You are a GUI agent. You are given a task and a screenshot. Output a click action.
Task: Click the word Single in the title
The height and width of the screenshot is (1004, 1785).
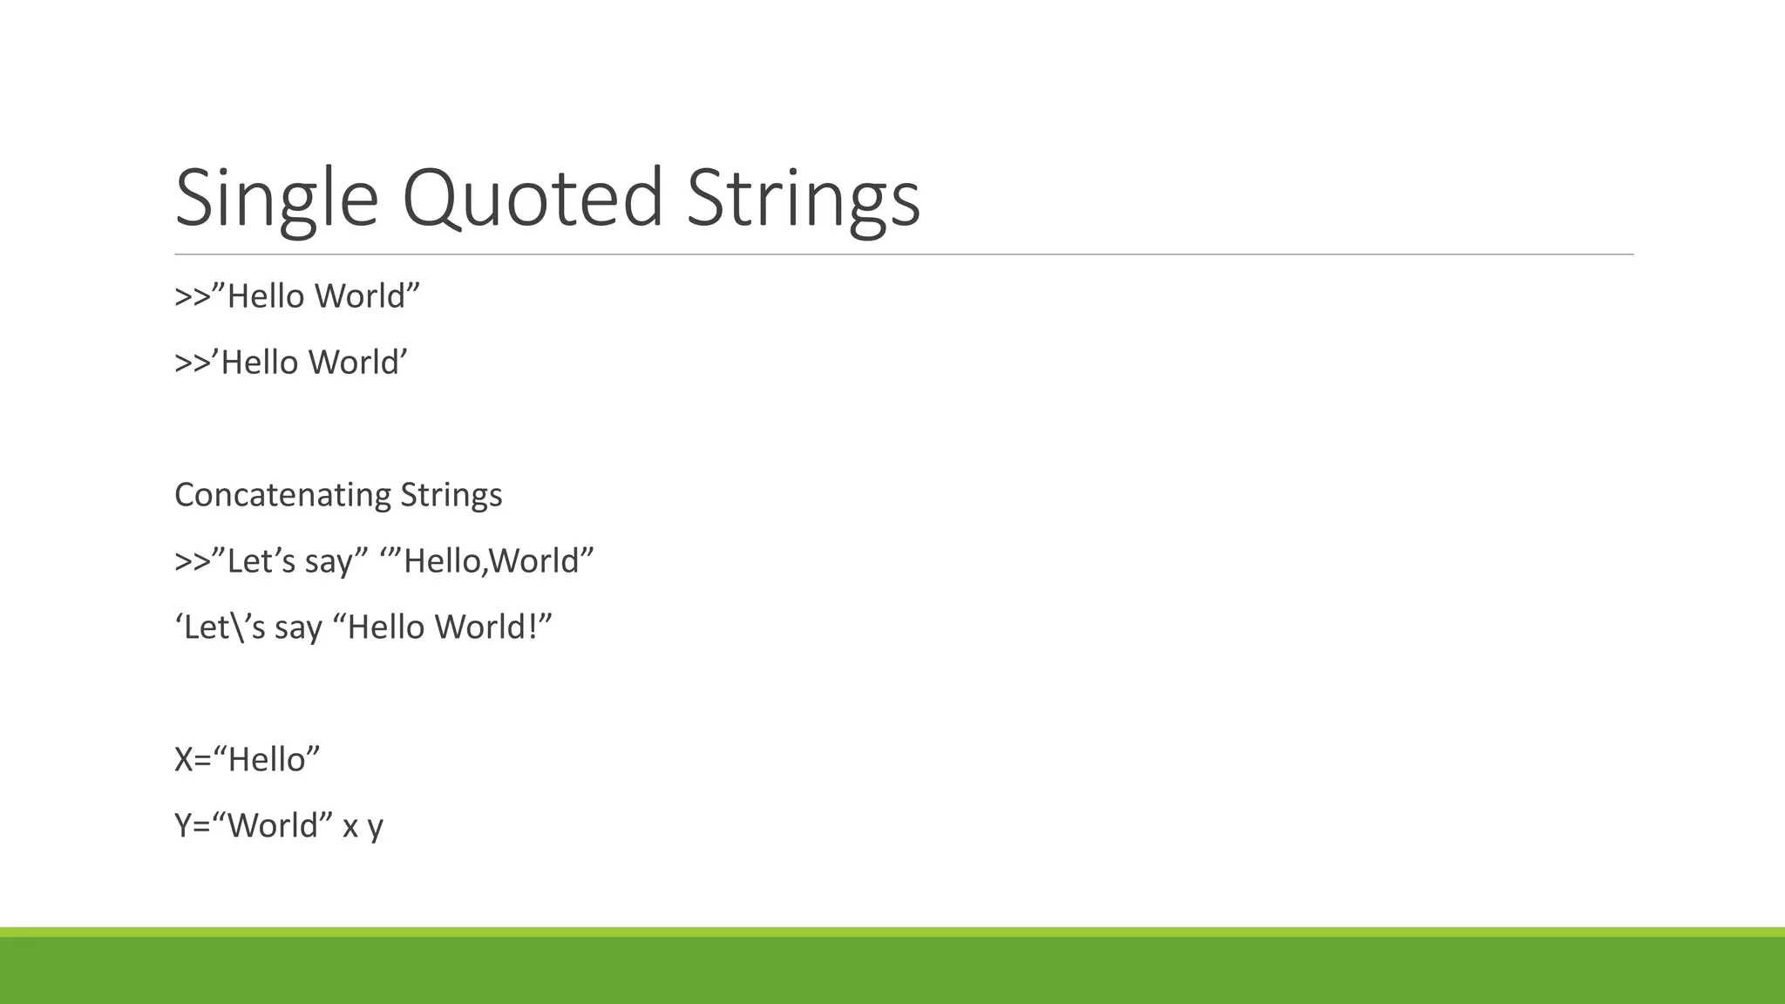pos(276,199)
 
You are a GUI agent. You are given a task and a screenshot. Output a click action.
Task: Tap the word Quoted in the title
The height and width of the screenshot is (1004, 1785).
pos(533,199)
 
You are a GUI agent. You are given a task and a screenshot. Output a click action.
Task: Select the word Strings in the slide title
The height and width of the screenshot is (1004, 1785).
pos(803,199)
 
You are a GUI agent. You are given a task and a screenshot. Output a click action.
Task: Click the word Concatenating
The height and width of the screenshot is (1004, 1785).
pos(282,495)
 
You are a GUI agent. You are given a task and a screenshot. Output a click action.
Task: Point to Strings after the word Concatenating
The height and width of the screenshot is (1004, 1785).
pos(451,495)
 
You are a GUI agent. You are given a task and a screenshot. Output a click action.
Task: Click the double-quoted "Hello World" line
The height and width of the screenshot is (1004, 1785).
pos(297,296)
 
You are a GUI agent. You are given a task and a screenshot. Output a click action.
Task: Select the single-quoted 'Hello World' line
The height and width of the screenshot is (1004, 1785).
pos(291,363)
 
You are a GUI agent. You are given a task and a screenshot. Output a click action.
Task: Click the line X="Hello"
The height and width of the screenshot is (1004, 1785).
pos(248,760)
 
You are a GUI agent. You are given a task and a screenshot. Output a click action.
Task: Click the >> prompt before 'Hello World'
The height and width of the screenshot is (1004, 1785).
pos(193,363)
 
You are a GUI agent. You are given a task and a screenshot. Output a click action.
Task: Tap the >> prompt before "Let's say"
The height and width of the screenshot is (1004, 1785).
pos(193,561)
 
